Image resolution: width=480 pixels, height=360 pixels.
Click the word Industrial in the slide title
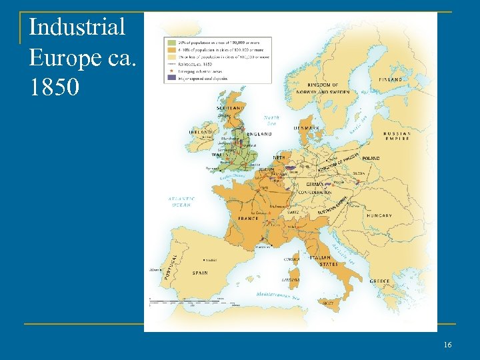click(x=77, y=27)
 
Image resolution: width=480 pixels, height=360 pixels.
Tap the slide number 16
click(x=447, y=344)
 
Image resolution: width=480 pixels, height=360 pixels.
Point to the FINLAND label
click(x=391, y=79)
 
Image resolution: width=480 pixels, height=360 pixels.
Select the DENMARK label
click(x=307, y=127)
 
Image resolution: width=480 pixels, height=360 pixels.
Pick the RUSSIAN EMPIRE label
click(x=397, y=135)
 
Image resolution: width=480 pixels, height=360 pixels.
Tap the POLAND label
click(x=371, y=159)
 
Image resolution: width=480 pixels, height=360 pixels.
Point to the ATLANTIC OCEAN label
click(x=181, y=201)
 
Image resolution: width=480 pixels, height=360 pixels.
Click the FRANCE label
click(x=249, y=218)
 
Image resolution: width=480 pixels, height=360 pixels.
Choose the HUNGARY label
click(x=379, y=215)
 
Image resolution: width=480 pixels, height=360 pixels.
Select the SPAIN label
click(x=200, y=273)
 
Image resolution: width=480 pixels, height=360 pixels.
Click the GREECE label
click(x=379, y=281)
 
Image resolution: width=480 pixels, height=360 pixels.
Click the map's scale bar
click(x=175, y=301)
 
